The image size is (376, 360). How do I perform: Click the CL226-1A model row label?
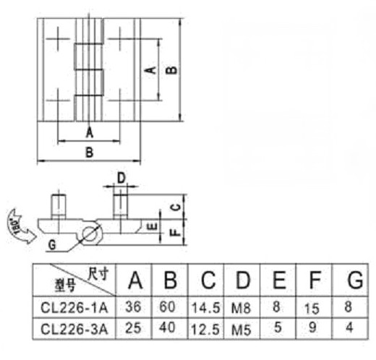click(x=74, y=308)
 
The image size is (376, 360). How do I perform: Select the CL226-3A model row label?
click(x=74, y=329)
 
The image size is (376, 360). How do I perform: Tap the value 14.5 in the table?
click(x=206, y=308)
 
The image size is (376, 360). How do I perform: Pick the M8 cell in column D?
click(x=241, y=308)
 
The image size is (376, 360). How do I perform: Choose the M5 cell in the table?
click(x=241, y=330)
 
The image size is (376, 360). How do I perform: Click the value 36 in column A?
click(x=133, y=307)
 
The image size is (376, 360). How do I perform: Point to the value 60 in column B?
click(x=167, y=307)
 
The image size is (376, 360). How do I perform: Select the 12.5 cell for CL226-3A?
click(x=205, y=330)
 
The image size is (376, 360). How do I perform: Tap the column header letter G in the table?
click(x=355, y=280)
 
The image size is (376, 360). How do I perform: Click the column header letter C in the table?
click(x=208, y=280)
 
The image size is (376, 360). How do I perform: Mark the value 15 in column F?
click(x=312, y=309)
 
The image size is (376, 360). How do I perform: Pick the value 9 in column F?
click(x=312, y=327)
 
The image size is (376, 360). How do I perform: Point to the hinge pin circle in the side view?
click(x=92, y=234)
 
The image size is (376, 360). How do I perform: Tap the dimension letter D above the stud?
click(x=121, y=178)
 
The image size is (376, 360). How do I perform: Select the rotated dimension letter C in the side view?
click(x=176, y=207)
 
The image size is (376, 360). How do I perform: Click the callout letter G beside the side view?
click(x=52, y=245)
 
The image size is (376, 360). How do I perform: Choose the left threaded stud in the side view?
click(x=59, y=207)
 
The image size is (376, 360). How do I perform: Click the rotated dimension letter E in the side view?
click(x=153, y=227)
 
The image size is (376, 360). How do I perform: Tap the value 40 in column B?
click(x=167, y=327)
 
